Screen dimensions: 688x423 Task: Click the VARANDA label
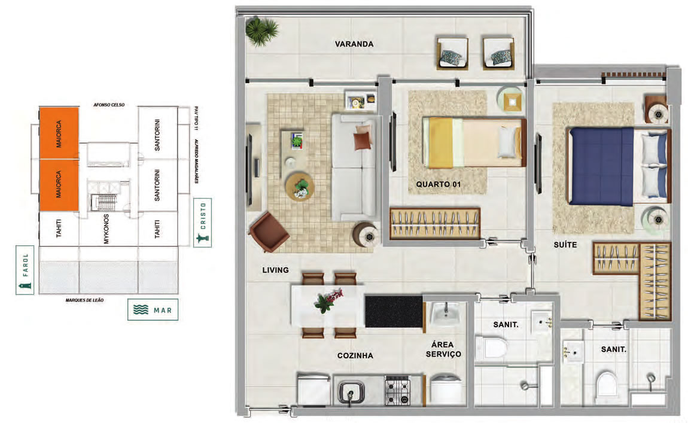pos(354,44)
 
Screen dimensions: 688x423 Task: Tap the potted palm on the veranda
pos(261,31)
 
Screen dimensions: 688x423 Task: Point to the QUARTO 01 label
pos(439,184)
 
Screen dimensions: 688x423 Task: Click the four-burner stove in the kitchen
pos(397,389)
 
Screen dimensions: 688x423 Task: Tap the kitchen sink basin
pos(351,391)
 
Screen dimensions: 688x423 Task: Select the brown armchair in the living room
pos(269,232)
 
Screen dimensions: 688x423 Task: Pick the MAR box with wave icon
pos(153,310)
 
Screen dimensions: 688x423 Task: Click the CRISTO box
pos(202,223)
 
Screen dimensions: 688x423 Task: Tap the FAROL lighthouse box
pos(25,270)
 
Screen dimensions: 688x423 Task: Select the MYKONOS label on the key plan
pos(106,229)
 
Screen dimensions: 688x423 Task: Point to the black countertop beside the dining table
pos(394,311)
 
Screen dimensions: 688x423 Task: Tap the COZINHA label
pos(355,355)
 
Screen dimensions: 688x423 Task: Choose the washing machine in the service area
pos(446,388)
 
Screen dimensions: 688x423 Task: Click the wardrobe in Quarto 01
pos(435,223)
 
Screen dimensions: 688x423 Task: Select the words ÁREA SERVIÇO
pos(443,349)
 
